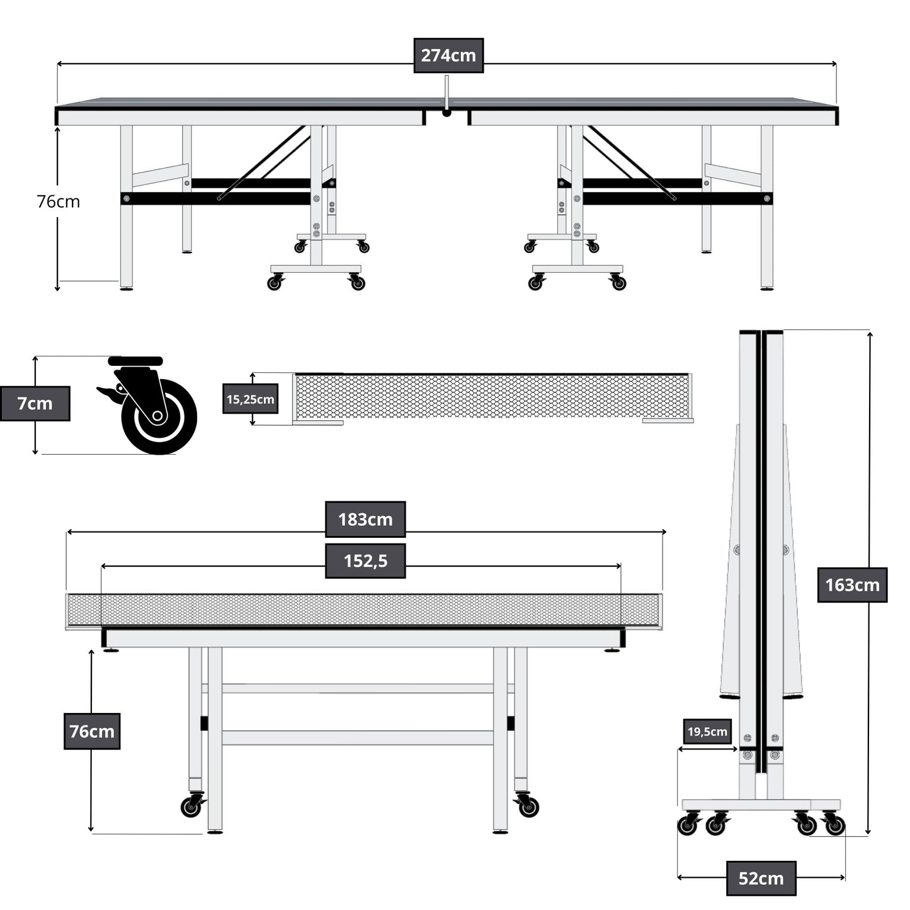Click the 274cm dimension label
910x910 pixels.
point(448,55)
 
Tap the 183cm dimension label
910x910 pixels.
point(365,520)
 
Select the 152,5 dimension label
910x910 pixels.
point(365,560)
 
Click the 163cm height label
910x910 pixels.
point(852,585)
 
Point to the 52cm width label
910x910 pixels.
point(761,878)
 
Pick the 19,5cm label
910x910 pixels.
point(707,731)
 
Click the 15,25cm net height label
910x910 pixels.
point(250,399)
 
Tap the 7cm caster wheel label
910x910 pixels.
point(35,404)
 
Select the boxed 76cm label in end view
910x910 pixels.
point(92,731)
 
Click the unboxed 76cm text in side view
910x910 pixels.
point(58,202)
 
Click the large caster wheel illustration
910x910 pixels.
point(159,416)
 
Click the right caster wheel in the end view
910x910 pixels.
point(528,807)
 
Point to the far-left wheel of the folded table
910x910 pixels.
point(687,825)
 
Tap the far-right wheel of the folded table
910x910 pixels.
point(835,825)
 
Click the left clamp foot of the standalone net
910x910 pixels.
point(319,423)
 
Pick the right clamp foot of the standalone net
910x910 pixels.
point(667,420)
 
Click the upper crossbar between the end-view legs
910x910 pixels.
point(358,688)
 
